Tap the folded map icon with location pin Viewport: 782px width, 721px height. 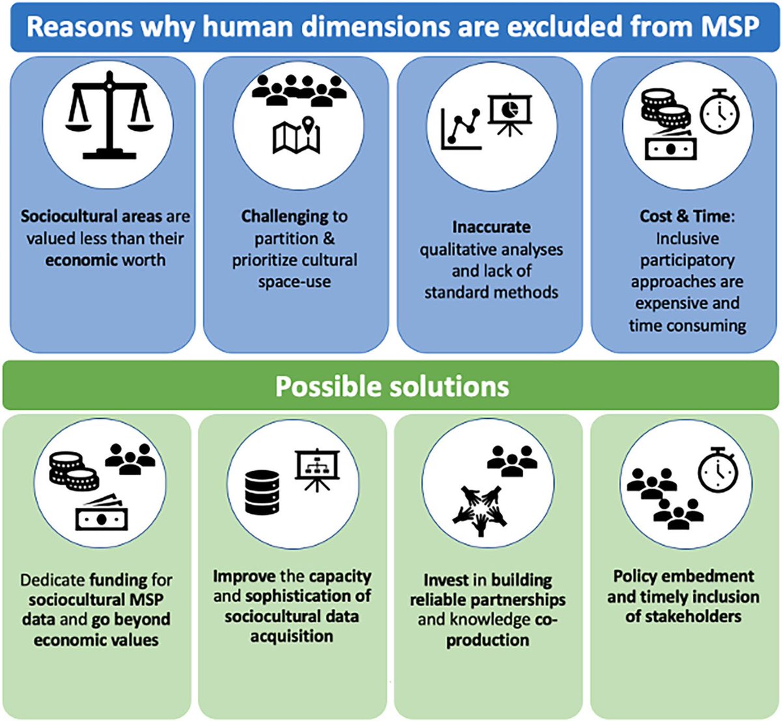pyautogui.click(x=297, y=135)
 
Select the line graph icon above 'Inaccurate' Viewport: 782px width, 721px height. pyautogui.click(x=461, y=129)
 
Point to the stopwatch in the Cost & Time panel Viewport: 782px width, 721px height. pyautogui.click(x=719, y=112)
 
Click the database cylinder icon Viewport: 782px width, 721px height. pyautogui.click(x=262, y=492)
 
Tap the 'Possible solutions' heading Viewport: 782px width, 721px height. pyautogui.click(x=392, y=386)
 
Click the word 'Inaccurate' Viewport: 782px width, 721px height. pyautogui.click(x=491, y=227)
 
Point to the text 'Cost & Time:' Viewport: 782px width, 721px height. pyautogui.click(x=687, y=216)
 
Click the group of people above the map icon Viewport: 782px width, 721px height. pyautogui.click(x=299, y=89)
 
